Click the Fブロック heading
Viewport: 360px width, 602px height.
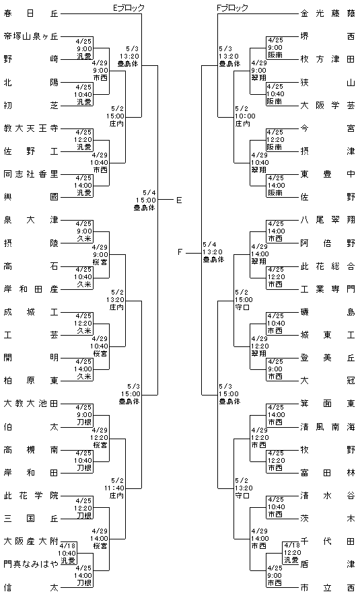coord(232,7)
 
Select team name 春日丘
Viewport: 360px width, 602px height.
coord(31,14)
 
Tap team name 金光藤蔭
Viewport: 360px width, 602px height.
coord(328,14)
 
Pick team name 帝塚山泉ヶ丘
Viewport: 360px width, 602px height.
coord(31,36)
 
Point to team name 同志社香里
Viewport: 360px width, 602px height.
coord(31,174)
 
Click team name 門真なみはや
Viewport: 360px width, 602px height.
coord(31,564)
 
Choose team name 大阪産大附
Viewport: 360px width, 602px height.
coord(31,541)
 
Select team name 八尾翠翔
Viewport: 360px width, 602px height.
coord(328,220)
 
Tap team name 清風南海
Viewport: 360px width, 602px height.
coord(328,426)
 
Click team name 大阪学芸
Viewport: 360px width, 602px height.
coord(328,105)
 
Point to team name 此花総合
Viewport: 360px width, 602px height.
coord(328,266)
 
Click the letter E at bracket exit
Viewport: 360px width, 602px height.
coord(179,200)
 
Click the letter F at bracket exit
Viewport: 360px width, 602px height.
coord(180,252)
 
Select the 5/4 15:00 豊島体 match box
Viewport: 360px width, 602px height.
coord(145,200)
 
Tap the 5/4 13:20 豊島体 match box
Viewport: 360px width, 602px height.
coord(213,252)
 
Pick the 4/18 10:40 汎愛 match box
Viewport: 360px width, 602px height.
coord(68,554)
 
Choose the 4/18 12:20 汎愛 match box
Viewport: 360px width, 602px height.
coord(291,553)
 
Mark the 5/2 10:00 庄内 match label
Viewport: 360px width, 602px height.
coord(245,116)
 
